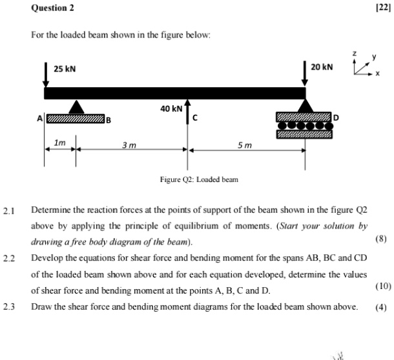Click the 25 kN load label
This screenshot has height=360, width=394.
(x=65, y=69)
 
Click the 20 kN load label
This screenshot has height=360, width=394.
(x=322, y=67)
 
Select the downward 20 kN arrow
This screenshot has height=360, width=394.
(x=305, y=74)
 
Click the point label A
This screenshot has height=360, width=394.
(x=39, y=119)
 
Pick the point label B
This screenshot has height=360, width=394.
(x=109, y=119)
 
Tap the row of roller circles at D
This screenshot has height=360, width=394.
(x=305, y=126)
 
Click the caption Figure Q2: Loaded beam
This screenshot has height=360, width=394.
(x=199, y=179)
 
